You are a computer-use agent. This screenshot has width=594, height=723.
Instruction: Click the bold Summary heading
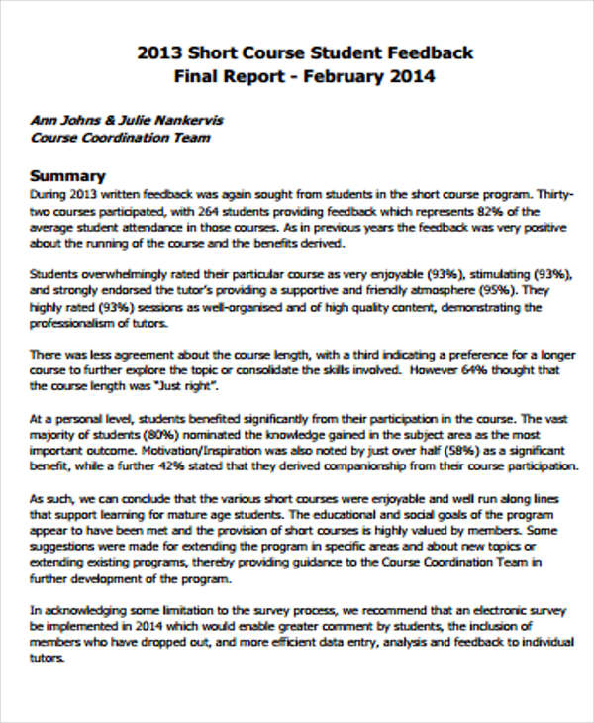[68, 175]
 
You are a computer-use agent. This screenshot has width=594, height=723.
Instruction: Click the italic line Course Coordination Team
[120, 138]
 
